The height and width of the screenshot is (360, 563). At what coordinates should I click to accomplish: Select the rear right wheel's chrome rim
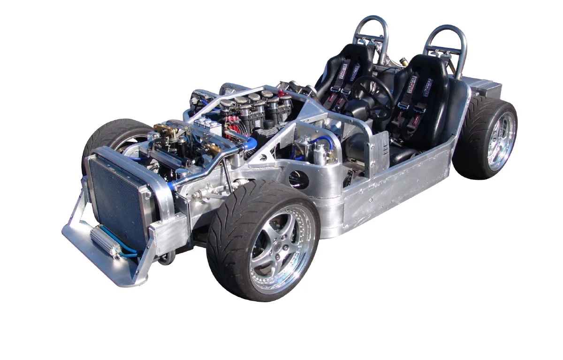click(x=501, y=141)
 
